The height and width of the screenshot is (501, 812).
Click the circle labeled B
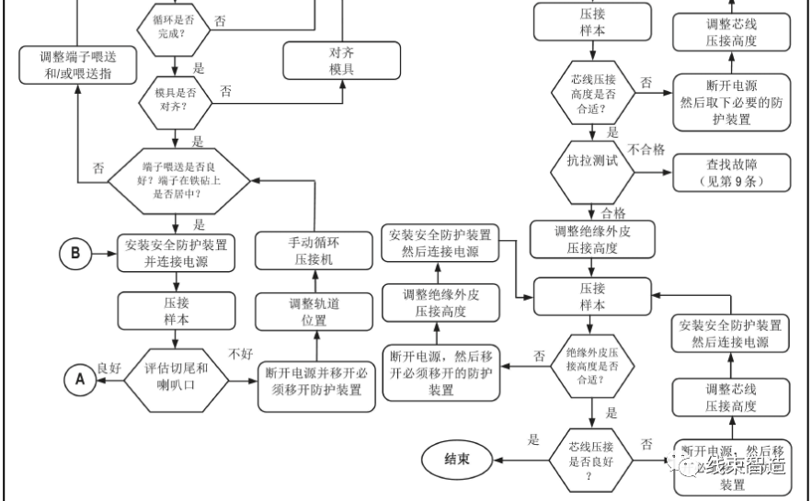(76, 253)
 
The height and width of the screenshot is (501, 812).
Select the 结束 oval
(457, 459)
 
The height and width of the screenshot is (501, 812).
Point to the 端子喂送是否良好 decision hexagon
(174, 180)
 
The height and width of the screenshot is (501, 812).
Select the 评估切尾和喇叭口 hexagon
(177, 377)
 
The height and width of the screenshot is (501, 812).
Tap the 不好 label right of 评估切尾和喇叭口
(241, 353)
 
